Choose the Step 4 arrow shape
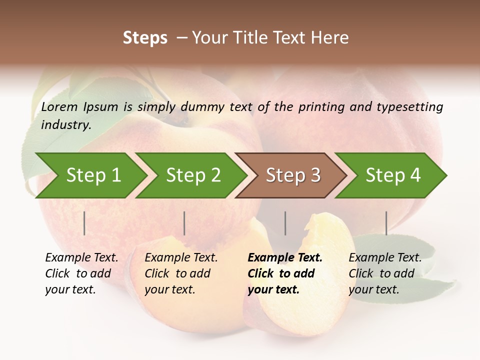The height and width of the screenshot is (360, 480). (x=393, y=175)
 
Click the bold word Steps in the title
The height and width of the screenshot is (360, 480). (x=145, y=37)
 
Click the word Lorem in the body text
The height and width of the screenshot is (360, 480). (x=59, y=106)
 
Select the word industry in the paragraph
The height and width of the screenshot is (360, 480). (x=65, y=124)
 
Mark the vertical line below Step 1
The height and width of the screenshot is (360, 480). (x=84, y=223)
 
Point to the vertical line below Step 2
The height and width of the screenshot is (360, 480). (x=184, y=223)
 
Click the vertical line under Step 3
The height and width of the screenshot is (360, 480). (x=285, y=223)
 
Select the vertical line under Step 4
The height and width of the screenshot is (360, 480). (x=386, y=223)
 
